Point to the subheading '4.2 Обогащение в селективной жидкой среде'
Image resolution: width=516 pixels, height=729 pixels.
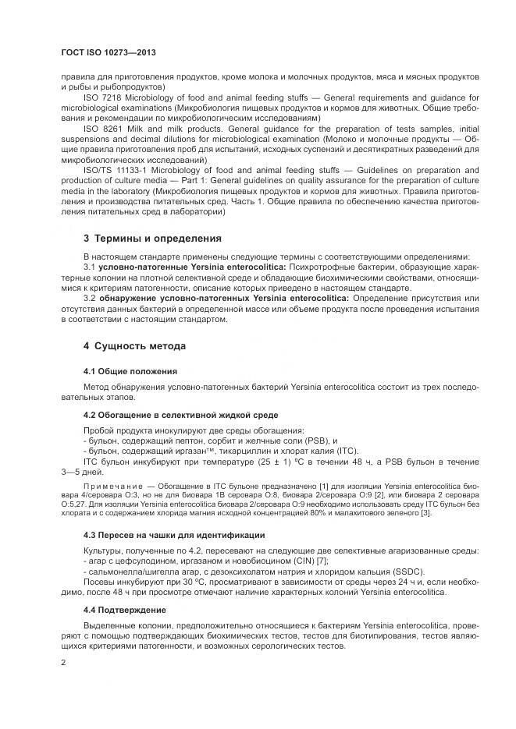[180, 414]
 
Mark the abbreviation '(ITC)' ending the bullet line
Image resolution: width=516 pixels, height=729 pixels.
[346, 451]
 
